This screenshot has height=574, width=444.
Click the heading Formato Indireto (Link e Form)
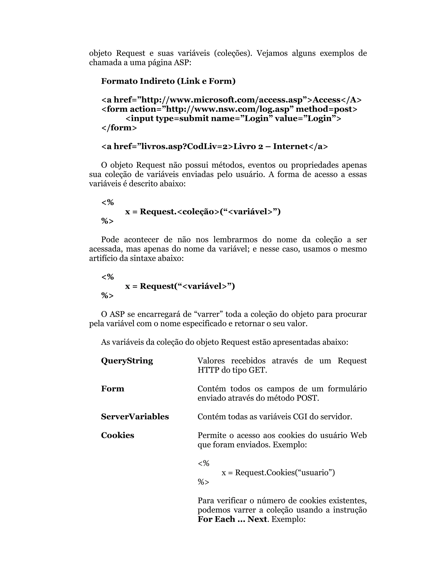[x=168, y=81]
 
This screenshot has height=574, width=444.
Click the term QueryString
[x=127, y=361]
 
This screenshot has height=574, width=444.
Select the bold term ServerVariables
[x=135, y=417]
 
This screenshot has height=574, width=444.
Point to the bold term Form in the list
[x=112, y=389]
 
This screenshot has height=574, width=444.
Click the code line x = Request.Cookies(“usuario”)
[x=278, y=473]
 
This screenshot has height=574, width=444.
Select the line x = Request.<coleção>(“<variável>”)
[x=203, y=212]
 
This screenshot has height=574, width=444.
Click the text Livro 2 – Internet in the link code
[x=271, y=146]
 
